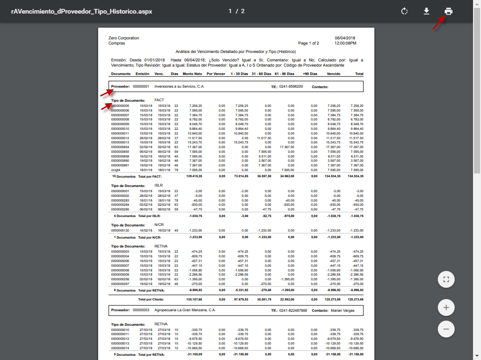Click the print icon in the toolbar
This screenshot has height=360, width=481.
pos(449,11)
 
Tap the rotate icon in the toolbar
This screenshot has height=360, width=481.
pos(404,11)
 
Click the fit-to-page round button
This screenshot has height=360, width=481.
pos(446,280)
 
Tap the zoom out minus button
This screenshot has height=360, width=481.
pos(446,329)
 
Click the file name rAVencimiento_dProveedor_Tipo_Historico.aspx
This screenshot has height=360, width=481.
pos(82,11)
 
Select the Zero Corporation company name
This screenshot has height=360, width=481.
pos(124,38)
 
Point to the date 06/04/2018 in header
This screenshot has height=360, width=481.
pos(345,38)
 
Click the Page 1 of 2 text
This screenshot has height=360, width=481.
pos(309,43)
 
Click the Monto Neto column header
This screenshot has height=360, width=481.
pos(192,74)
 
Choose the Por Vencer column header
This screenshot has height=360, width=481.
pos(216,74)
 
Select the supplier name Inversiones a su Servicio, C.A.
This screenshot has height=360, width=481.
pos(179,87)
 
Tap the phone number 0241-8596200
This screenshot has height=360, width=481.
pos(291,87)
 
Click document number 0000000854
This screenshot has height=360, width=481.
pos(120,147)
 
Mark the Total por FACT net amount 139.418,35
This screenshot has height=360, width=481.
pos(194,177)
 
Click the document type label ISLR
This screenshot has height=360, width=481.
pos(159,185)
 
